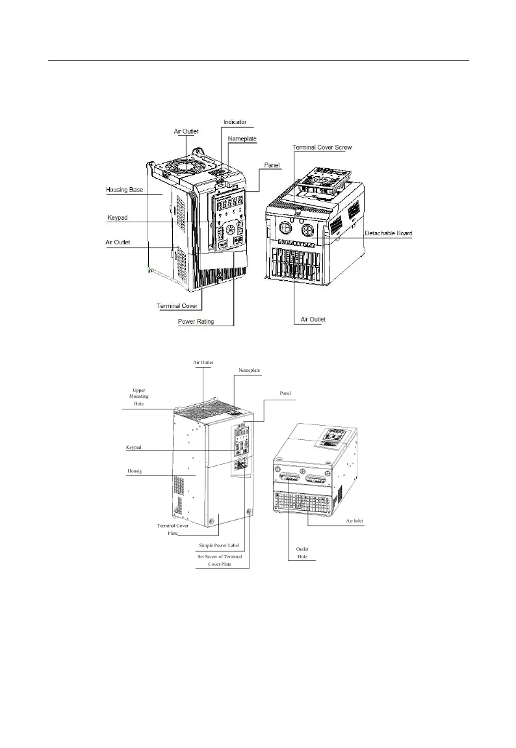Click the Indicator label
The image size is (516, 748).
[x=235, y=122]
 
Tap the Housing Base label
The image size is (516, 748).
[x=124, y=190]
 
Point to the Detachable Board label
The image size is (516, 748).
[x=388, y=233]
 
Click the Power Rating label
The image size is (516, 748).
[x=196, y=320]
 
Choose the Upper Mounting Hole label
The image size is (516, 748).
[x=138, y=396]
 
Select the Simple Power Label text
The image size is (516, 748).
[x=219, y=545]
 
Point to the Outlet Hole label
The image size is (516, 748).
[x=302, y=553]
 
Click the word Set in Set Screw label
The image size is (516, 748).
[x=202, y=557]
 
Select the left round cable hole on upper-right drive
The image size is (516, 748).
[x=285, y=228]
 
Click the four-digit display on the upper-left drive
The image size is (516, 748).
[x=230, y=202]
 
